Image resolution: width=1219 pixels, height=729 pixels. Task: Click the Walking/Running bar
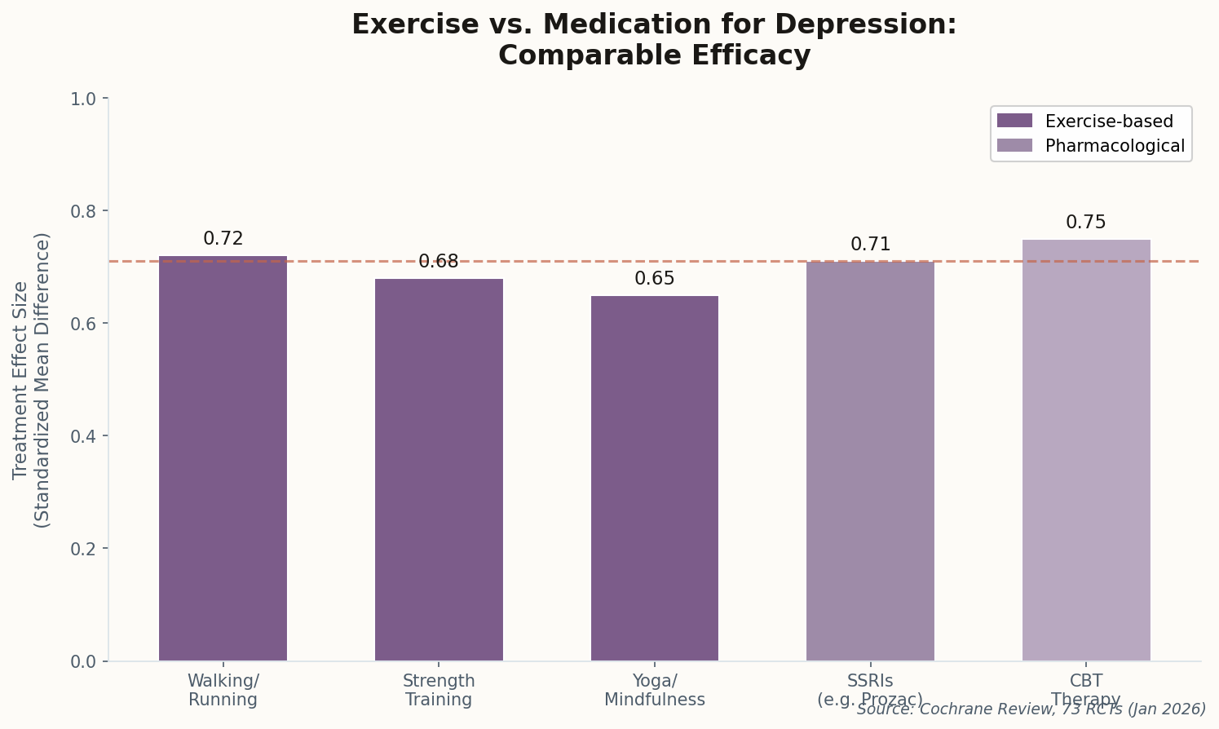coord(223,458)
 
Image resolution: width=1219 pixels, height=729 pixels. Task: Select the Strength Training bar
coord(439,470)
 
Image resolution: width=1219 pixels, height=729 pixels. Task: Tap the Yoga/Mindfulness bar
coord(654,478)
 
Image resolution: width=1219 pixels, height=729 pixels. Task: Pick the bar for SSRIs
coord(870,461)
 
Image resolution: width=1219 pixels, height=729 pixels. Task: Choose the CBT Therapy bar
coord(1085,450)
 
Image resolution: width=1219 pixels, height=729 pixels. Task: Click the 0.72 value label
coord(223,239)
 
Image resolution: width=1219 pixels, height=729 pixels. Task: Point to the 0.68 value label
coord(439,262)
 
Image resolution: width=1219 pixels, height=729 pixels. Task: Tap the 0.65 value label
coord(654,279)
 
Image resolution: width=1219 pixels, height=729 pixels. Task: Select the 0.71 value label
coord(870,245)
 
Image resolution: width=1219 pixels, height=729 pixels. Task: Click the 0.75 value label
coord(1085,223)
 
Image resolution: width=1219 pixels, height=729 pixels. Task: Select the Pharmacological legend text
coord(1115,146)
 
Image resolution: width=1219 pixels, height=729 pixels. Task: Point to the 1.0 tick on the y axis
coord(83,99)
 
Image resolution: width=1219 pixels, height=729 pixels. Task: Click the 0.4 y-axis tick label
coord(83,436)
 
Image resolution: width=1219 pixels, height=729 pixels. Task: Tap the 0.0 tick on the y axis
coord(83,661)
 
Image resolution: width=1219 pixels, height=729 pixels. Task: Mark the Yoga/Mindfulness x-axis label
coord(654,690)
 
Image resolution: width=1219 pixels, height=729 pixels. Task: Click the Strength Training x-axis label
coord(439,690)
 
